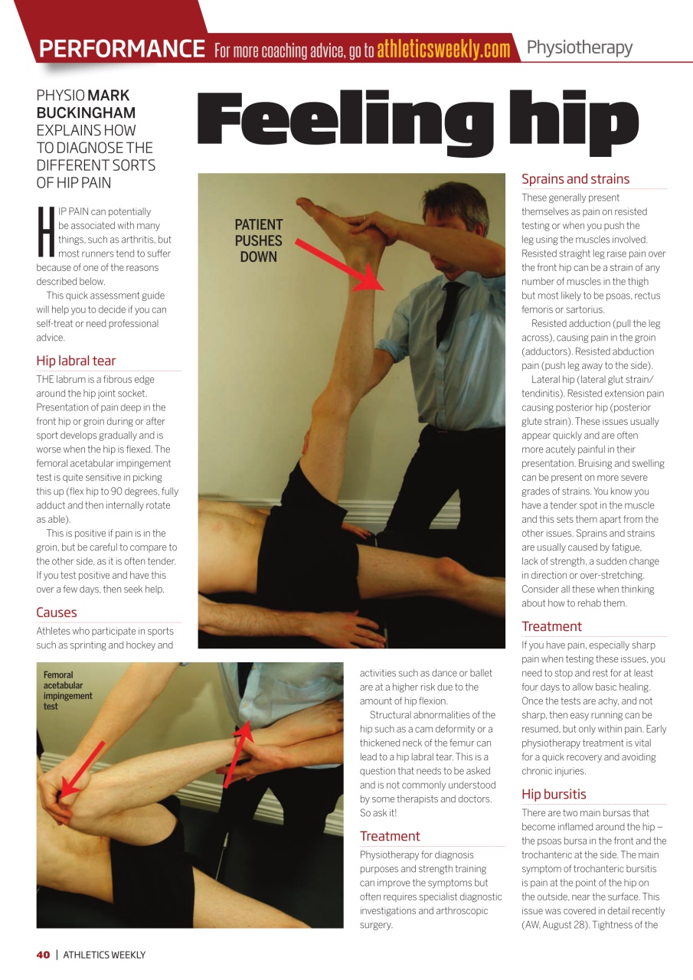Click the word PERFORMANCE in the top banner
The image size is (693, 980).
[x=122, y=49]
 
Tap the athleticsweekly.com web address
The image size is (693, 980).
[x=443, y=50]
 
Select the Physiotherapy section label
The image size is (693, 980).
[x=579, y=47]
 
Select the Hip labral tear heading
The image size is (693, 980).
[x=76, y=361]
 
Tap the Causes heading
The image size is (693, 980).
[x=57, y=612]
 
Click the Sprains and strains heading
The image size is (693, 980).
[x=575, y=179]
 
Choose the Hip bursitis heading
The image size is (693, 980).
[x=554, y=794]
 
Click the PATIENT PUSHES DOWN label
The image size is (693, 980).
[x=258, y=240]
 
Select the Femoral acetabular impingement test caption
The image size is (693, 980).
[x=68, y=691]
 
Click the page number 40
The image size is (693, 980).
[x=43, y=955]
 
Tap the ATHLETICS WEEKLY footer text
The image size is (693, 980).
[x=104, y=955]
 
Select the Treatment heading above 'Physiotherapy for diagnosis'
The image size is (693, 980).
[x=390, y=836]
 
